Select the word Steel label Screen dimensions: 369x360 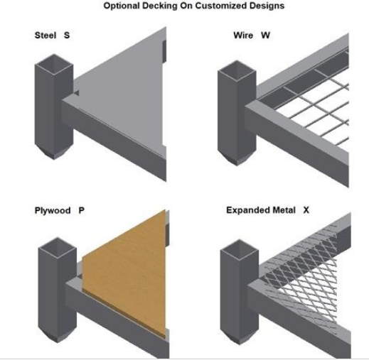coord(46,36)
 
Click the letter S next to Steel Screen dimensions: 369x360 coord(67,36)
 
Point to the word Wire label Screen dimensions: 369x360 coord(243,36)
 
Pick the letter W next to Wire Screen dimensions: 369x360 coord(265,36)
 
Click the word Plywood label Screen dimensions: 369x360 coord(53,210)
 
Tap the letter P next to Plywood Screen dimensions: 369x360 coord(81,210)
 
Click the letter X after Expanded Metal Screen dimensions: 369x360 coord(306,210)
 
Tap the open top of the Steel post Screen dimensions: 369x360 coord(54,64)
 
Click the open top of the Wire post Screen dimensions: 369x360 coord(237,70)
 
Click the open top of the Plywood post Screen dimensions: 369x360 coord(58,248)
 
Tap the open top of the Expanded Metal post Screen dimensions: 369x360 coord(240,249)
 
